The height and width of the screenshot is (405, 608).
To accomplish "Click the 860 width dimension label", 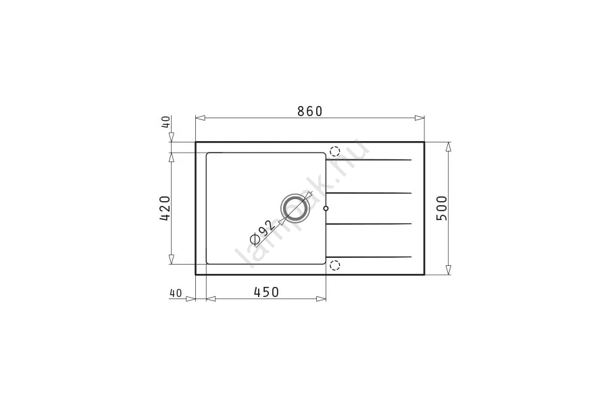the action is click(x=310, y=111).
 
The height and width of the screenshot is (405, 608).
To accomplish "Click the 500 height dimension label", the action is click(x=442, y=208).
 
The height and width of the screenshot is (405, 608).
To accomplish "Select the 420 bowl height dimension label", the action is click(x=165, y=208).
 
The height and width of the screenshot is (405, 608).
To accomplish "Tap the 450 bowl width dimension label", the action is click(x=266, y=292).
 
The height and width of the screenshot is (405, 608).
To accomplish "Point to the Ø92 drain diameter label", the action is click(x=263, y=234).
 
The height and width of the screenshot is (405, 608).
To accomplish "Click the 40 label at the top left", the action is click(x=166, y=122).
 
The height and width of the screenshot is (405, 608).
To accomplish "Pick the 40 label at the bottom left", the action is click(x=176, y=294).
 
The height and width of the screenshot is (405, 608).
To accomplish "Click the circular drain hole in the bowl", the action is click(x=295, y=208).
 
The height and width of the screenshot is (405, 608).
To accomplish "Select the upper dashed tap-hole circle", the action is click(x=334, y=151).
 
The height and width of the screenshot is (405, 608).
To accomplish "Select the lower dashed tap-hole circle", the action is click(x=334, y=265).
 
